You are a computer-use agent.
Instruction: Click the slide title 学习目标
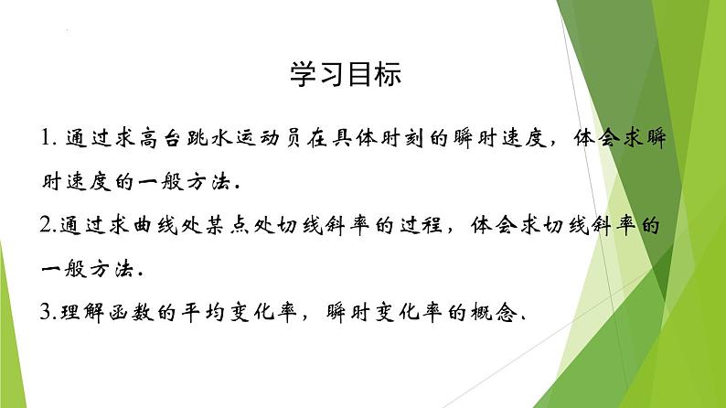[345, 75]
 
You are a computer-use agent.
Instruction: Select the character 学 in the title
[303, 75]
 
